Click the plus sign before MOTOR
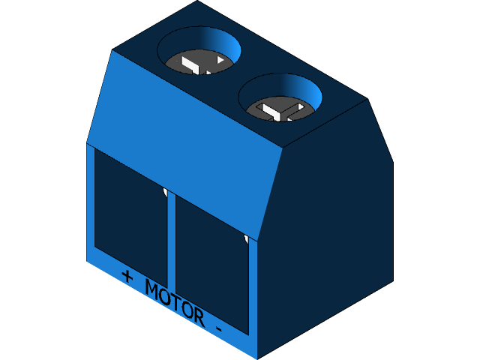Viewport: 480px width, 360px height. point(127,276)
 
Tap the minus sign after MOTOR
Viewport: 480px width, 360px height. point(218,328)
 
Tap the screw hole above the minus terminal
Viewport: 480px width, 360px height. point(280,99)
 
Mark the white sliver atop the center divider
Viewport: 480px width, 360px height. point(166,193)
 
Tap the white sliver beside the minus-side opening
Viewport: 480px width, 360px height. point(246,240)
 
